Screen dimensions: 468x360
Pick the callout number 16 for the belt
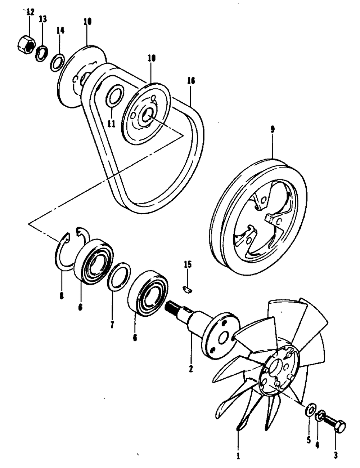coord(191,81)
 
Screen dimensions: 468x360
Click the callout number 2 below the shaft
coord(191,368)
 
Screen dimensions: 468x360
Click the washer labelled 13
coord(41,53)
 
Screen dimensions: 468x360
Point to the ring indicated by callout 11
coord(116,96)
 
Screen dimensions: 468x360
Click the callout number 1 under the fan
coord(238,456)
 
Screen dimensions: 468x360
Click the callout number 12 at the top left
coord(30,12)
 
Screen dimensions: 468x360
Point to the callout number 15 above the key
coord(187,265)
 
